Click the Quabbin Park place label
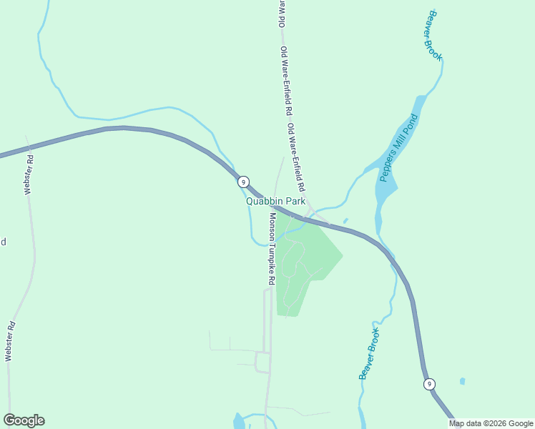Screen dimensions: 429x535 (x=276, y=202)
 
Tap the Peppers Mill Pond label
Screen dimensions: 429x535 (x=398, y=147)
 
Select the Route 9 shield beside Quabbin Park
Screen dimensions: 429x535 (x=244, y=182)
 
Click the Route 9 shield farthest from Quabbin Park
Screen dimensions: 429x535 (x=428, y=384)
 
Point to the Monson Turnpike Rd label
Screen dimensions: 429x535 (x=272, y=249)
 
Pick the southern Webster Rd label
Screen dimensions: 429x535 (x=10, y=342)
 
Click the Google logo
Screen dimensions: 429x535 (x=24, y=420)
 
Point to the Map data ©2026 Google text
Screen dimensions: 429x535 (x=491, y=423)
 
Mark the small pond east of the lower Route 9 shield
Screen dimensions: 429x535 (x=462, y=381)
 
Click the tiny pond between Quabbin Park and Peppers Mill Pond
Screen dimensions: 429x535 (x=345, y=220)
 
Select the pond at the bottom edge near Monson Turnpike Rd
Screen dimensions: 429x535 (x=239, y=421)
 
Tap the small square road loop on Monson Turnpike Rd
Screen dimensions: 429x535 (x=262, y=362)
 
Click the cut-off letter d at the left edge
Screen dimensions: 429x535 (x=3, y=242)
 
